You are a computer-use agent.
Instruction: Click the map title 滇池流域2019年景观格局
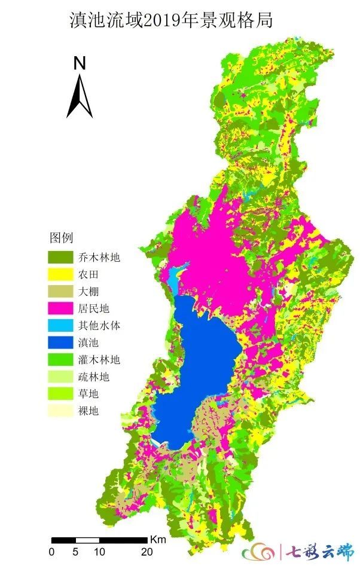(171, 22)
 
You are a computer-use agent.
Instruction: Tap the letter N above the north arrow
(80, 63)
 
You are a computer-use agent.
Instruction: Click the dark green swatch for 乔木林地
(60, 258)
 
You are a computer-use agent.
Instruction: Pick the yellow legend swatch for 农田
(60, 275)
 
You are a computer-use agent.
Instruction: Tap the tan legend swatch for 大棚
(60, 292)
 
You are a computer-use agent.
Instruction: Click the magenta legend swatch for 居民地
(60, 309)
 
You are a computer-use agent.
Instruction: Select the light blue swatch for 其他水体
(60, 326)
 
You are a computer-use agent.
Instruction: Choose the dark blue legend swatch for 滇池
(60, 343)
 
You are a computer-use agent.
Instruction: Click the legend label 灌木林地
(99, 360)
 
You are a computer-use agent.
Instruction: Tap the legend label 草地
(89, 394)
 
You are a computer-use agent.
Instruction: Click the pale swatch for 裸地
(60, 411)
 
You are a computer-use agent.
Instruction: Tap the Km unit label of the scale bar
(158, 539)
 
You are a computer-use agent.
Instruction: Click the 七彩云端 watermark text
(319, 550)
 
